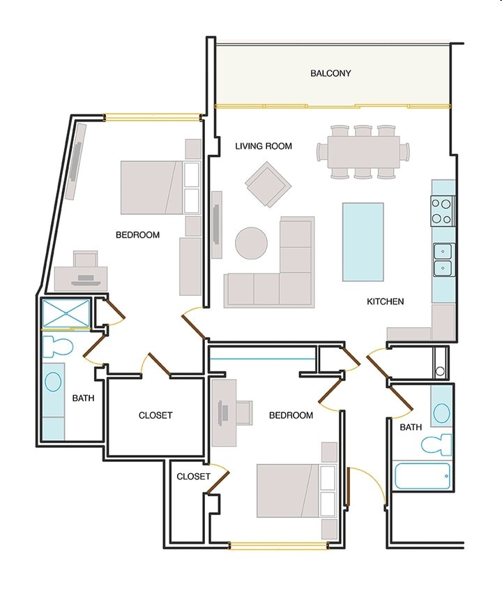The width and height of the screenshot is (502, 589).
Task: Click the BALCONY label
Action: click(330, 73)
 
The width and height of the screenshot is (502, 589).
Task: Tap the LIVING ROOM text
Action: click(264, 146)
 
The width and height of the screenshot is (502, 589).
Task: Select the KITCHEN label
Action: click(386, 301)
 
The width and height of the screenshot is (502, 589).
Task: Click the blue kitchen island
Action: click(363, 242)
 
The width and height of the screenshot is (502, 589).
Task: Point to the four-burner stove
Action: click(441, 211)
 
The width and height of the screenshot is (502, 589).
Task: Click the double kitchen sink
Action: click(443, 260)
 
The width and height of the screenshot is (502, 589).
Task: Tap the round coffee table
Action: click(252, 243)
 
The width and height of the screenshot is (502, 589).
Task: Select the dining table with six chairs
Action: click(363, 151)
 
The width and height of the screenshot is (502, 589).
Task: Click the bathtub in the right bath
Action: click(422, 477)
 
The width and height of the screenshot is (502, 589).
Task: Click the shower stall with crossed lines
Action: click(66, 313)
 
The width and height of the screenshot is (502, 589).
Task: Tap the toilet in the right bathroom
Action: click(436, 445)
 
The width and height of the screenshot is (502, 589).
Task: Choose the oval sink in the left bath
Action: click(53, 381)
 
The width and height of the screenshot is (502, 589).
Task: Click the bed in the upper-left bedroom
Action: click(160, 188)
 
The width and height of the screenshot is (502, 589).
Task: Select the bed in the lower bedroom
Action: click(296, 490)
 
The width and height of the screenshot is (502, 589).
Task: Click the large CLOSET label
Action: click(155, 415)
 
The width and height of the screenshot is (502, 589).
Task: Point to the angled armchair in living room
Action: click(268, 184)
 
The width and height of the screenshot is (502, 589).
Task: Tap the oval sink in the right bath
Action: click(441, 412)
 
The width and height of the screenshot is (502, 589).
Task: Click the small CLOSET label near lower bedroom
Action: click(193, 477)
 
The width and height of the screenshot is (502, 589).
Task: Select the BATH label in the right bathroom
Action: click(411, 428)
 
